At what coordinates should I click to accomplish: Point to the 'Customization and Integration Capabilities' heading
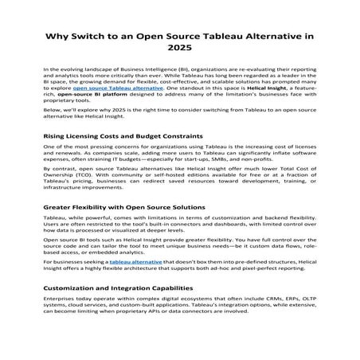[x=119, y=288]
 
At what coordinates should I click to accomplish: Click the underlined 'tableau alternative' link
[x=135, y=262]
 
